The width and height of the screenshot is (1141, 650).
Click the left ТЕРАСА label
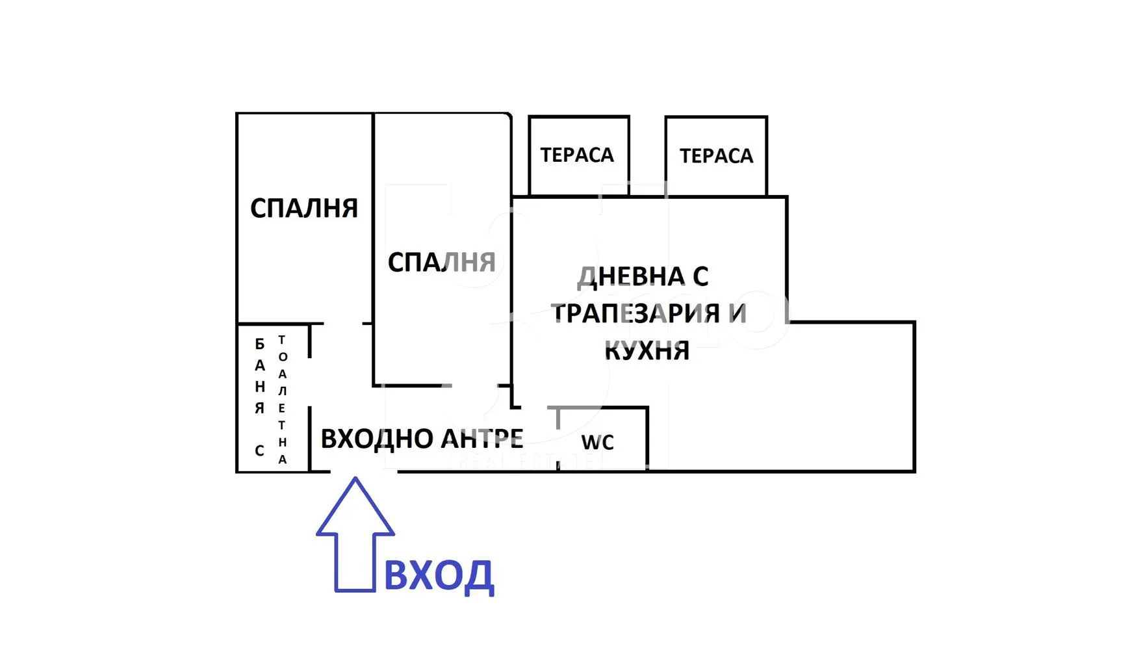pyautogui.click(x=577, y=155)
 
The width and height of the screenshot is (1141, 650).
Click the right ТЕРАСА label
pyautogui.click(x=716, y=156)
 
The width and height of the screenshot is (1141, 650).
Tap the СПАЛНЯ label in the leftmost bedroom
pyautogui.click(x=304, y=209)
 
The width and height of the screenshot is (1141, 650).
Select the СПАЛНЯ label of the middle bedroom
pyautogui.click(x=442, y=263)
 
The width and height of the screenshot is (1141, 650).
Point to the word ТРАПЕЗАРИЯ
pyautogui.click(x=636, y=314)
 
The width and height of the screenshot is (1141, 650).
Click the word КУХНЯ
pyautogui.click(x=647, y=351)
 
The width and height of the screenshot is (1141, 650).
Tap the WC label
pyautogui.click(x=597, y=443)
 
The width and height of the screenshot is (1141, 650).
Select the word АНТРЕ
pyautogui.click(x=482, y=439)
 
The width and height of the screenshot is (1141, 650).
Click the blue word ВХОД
pyautogui.click(x=439, y=576)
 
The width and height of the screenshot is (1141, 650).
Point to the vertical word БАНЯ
pyautogui.click(x=260, y=376)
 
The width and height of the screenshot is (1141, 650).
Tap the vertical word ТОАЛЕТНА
pyautogui.click(x=282, y=399)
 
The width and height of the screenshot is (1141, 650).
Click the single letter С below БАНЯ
pyautogui.click(x=259, y=450)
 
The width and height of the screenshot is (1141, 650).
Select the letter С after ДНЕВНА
pyautogui.click(x=700, y=277)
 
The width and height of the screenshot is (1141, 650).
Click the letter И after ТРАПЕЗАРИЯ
pyautogui.click(x=737, y=314)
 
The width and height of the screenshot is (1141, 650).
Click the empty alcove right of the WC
pyautogui.click(x=780, y=416)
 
